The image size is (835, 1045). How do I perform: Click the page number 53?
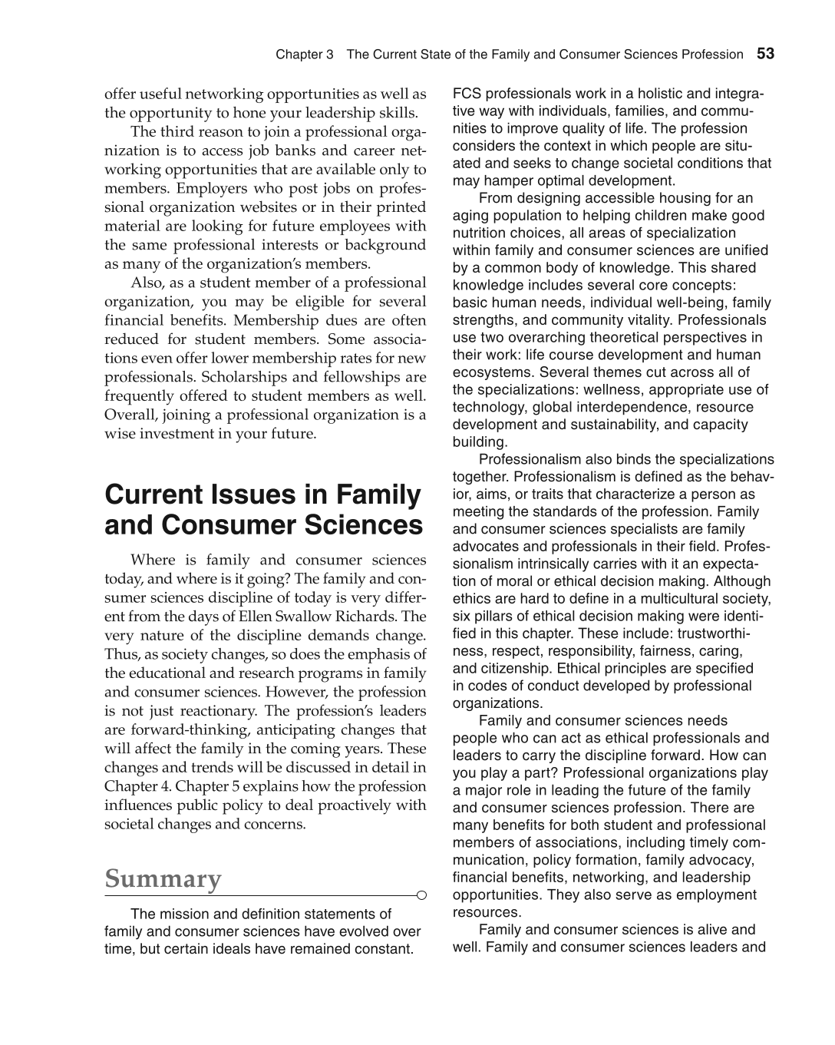click(765, 54)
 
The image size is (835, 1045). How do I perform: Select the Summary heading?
click(163, 878)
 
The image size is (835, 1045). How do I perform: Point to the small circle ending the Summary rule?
click(421, 895)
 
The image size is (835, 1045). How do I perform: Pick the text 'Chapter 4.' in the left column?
click(134, 786)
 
